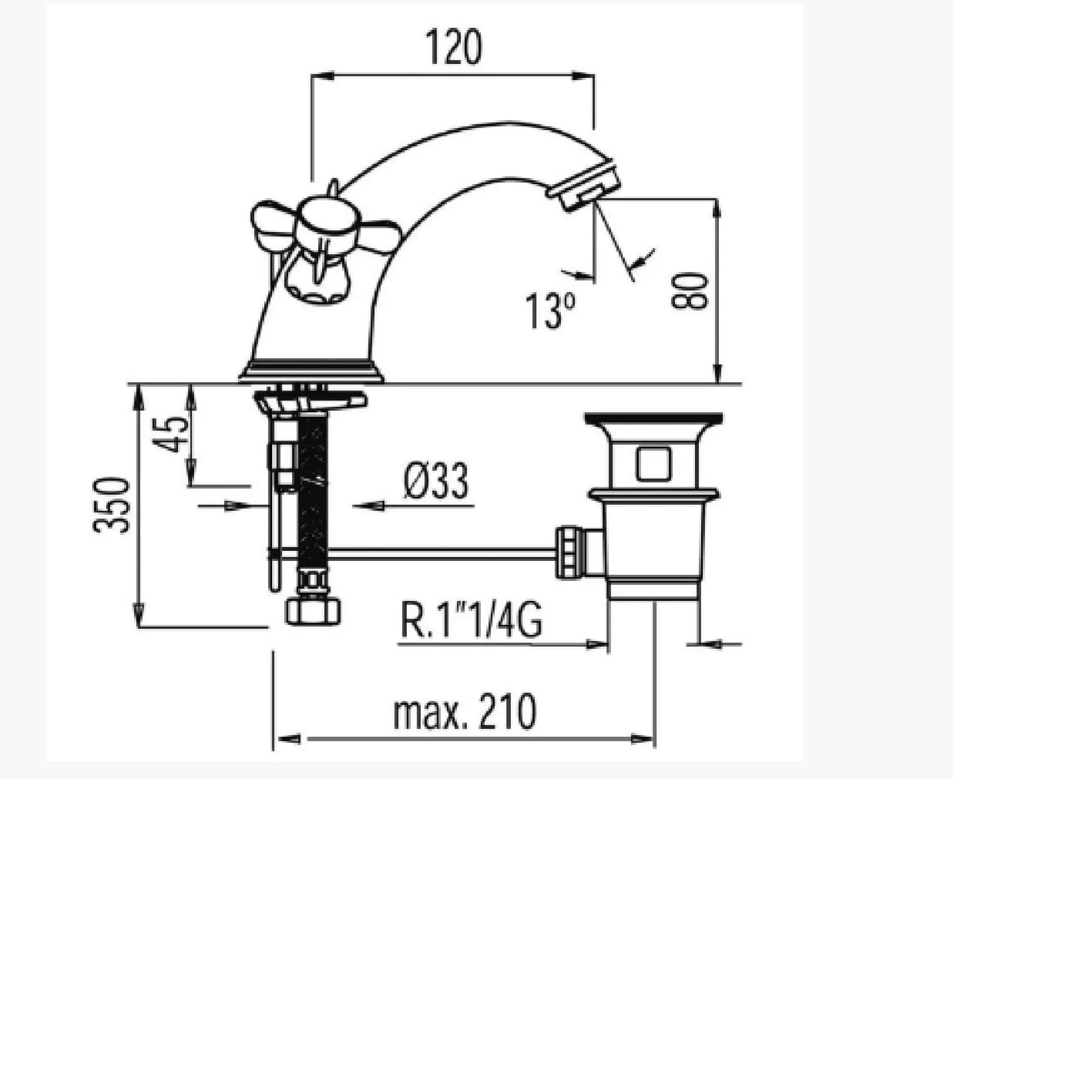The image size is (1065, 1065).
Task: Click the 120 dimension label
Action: point(454,47)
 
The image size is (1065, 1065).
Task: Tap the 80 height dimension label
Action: point(690,291)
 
